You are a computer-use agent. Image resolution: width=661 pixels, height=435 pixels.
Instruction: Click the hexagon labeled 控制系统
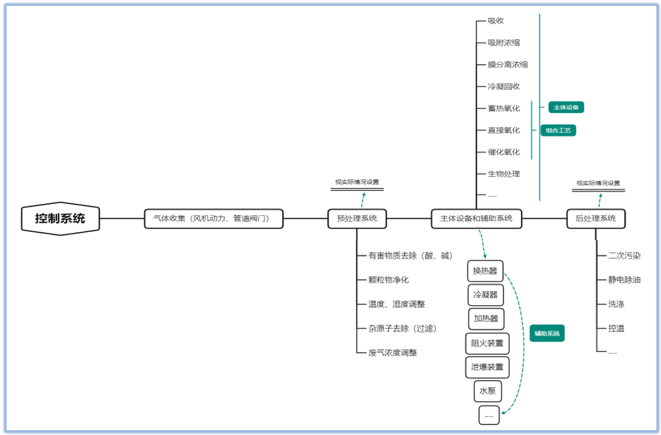click(x=60, y=218)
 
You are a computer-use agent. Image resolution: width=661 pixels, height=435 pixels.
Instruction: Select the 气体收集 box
click(x=214, y=218)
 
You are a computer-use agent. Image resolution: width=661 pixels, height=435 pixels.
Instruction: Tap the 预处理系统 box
click(x=357, y=218)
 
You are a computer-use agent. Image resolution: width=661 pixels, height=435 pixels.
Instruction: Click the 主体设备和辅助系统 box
click(x=476, y=218)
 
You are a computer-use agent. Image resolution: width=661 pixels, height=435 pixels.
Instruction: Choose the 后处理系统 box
click(x=595, y=218)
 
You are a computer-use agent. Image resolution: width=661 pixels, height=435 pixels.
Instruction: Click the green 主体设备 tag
click(x=566, y=107)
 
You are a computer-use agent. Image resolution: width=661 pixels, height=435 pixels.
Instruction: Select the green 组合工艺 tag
click(x=558, y=130)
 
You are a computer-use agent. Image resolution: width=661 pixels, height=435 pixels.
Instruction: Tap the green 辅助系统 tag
click(x=547, y=333)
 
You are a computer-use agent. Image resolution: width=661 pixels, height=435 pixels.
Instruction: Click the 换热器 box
click(x=485, y=271)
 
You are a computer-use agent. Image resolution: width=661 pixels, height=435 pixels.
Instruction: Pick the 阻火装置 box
click(x=487, y=343)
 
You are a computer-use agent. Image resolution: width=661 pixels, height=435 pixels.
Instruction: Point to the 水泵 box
click(x=487, y=391)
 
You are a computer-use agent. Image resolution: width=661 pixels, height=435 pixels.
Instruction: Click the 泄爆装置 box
click(x=487, y=367)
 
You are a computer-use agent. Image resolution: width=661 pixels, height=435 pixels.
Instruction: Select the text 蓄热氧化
click(x=503, y=108)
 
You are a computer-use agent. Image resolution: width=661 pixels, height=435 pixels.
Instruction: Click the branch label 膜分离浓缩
click(x=508, y=65)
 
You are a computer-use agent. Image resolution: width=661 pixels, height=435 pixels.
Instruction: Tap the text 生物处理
click(x=503, y=174)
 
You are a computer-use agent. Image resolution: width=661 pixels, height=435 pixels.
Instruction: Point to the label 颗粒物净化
click(x=388, y=280)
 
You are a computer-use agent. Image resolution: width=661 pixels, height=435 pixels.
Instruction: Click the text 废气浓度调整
click(x=393, y=353)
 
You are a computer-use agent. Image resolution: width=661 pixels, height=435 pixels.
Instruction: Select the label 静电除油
click(x=624, y=280)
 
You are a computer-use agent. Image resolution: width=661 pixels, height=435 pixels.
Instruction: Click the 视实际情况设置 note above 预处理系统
click(x=357, y=182)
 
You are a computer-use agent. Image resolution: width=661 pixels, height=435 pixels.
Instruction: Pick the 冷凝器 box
click(x=485, y=295)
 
